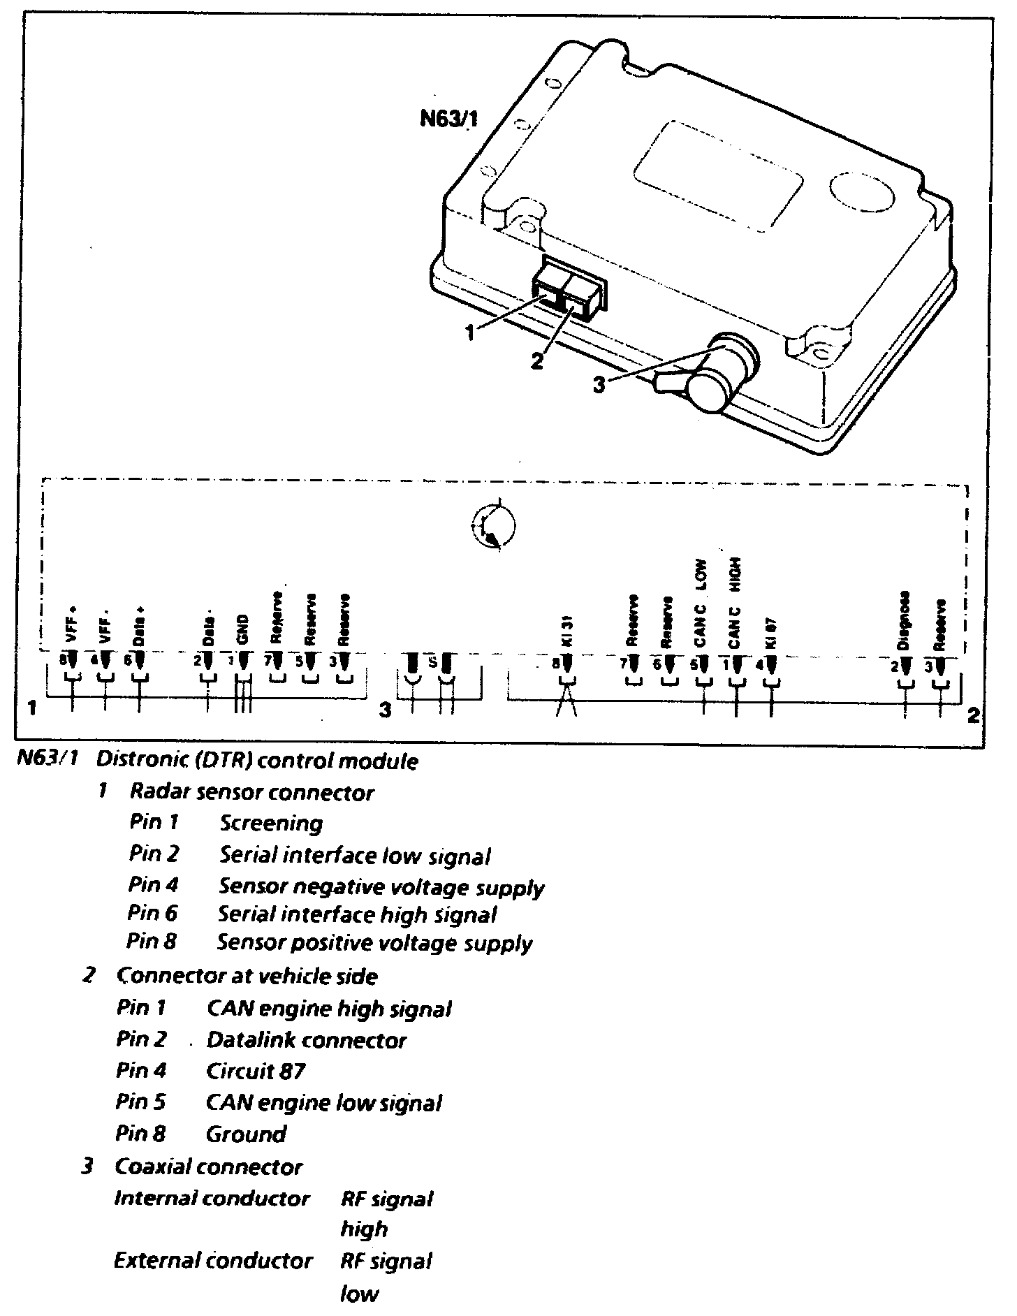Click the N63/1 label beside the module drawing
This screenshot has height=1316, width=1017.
pos(448,119)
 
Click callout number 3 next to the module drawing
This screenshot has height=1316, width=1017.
pos(599,384)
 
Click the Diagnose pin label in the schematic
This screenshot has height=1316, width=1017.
pos(905,622)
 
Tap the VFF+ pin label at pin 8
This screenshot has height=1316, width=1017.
pos(72,627)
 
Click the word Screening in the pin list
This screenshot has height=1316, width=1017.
pos(271,824)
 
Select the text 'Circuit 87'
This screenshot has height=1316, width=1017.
pos(256,1071)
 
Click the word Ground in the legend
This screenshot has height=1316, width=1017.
pos(246,1134)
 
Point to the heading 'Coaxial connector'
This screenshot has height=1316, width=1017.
pos(208,1167)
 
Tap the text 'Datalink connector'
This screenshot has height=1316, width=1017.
pos(306,1040)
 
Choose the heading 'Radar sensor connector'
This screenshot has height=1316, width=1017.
pos(252,792)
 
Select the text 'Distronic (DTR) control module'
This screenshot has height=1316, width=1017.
pos(257,761)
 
